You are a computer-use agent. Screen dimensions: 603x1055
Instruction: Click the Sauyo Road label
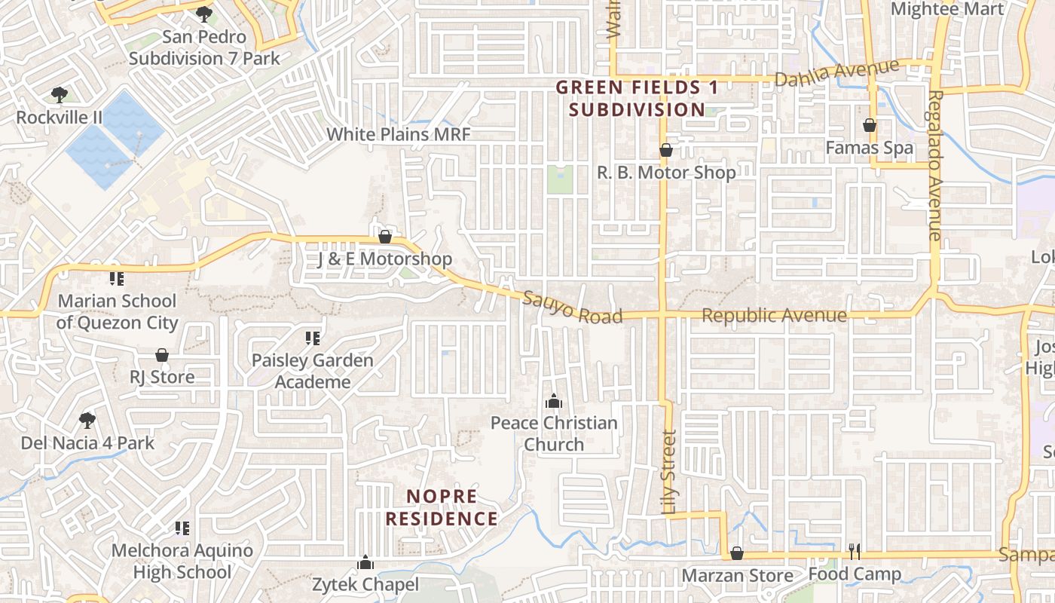point(573,307)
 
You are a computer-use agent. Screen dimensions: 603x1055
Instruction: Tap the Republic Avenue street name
point(774,315)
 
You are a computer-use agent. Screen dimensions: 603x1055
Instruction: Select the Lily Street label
point(669,472)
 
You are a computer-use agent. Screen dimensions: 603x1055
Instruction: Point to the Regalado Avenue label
point(935,165)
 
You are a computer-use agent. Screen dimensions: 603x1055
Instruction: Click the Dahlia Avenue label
point(837,73)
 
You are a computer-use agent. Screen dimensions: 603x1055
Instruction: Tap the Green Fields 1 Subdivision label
point(638,99)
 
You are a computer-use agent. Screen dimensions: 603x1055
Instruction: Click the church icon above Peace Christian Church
point(554,401)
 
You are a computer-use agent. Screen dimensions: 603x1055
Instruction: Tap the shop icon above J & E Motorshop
point(385,237)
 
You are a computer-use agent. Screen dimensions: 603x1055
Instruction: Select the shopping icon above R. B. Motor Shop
point(666,151)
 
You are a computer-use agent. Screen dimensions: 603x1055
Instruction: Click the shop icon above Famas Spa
point(870,125)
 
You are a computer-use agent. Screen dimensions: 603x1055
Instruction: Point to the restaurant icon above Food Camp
point(855,552)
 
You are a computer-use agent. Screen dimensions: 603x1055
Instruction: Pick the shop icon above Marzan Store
point(737,554)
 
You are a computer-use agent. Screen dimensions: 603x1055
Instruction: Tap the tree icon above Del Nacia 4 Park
point(87,420)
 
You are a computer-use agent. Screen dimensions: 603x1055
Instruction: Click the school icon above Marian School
point(117,279)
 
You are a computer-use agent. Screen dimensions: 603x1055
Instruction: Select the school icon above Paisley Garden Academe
point(312,338)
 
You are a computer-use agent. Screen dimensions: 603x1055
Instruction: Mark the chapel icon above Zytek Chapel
point(365,562)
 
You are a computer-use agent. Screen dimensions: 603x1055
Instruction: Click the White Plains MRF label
point(398,135)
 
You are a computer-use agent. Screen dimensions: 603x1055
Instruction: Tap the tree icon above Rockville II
point(60,95)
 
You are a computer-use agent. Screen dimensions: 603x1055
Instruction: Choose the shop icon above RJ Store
point(162,355)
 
